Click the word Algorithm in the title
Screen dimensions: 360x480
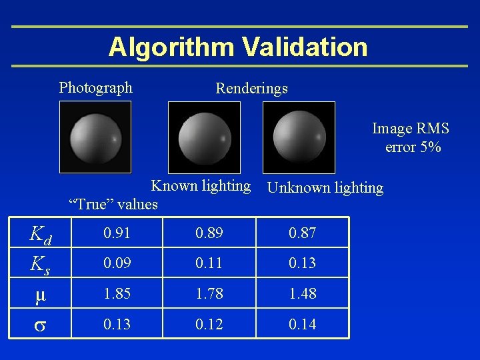coord(171,47)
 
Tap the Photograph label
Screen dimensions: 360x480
coord(96,87)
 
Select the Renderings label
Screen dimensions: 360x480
coord(251,88)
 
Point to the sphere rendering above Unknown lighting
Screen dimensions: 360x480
coord(299,137)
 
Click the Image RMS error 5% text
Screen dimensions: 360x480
coord(411,137)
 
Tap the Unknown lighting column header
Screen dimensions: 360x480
coord(325,188)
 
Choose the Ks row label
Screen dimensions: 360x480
coord(41,263)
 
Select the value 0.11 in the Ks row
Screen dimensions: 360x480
coord(209,263)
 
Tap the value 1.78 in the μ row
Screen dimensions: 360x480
coord(209,293)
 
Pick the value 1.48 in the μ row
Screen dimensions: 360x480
coord(303,293)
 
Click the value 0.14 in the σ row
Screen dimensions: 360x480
coord(303,324)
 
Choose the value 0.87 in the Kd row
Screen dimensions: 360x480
coord(303,233)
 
